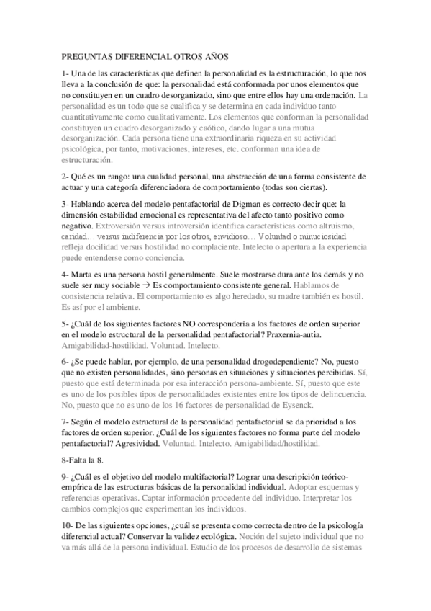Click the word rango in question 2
pos(120,177)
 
